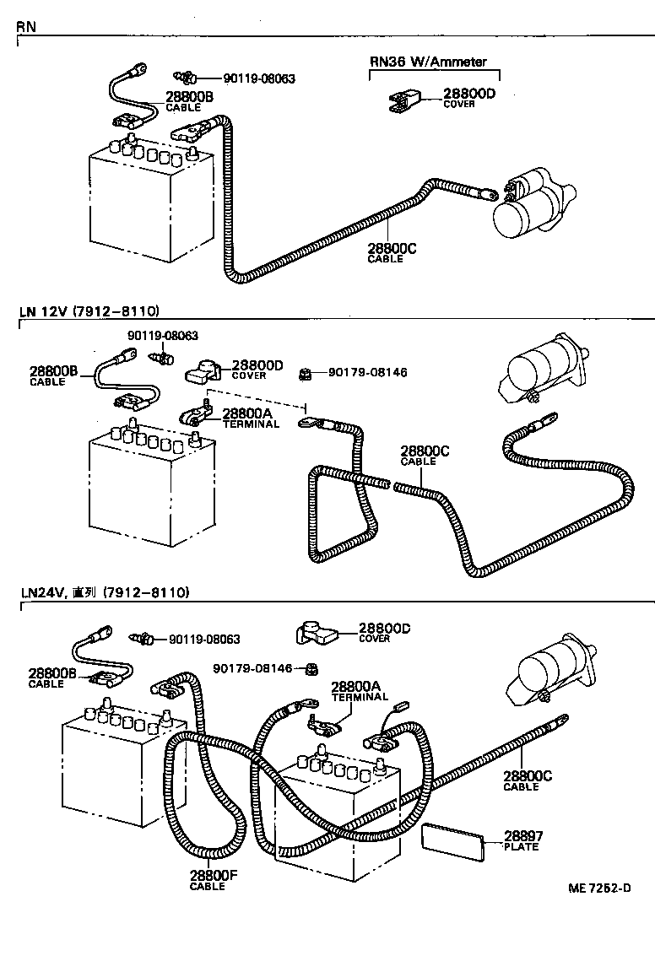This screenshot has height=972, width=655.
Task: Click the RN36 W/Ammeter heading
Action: click(428, 62)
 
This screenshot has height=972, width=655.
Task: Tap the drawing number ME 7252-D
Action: click(599, 888)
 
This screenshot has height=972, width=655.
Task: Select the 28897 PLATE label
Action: click(523, 840)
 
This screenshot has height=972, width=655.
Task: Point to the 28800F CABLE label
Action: click(213, 880)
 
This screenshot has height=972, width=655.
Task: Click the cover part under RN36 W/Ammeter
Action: click(403, 102)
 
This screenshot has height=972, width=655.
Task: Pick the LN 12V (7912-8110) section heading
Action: click(89, 311)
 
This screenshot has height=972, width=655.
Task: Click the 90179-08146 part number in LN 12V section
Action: click(367, 371)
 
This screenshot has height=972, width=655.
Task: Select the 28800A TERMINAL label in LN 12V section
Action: click(251, 418)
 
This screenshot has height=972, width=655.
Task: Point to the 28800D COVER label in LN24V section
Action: click(384, 633)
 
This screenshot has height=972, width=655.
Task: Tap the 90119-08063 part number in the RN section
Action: click(259, 78)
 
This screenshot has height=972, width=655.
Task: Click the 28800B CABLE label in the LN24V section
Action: click(52, 678)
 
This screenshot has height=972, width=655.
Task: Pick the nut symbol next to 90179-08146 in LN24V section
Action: click(311, 669)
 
